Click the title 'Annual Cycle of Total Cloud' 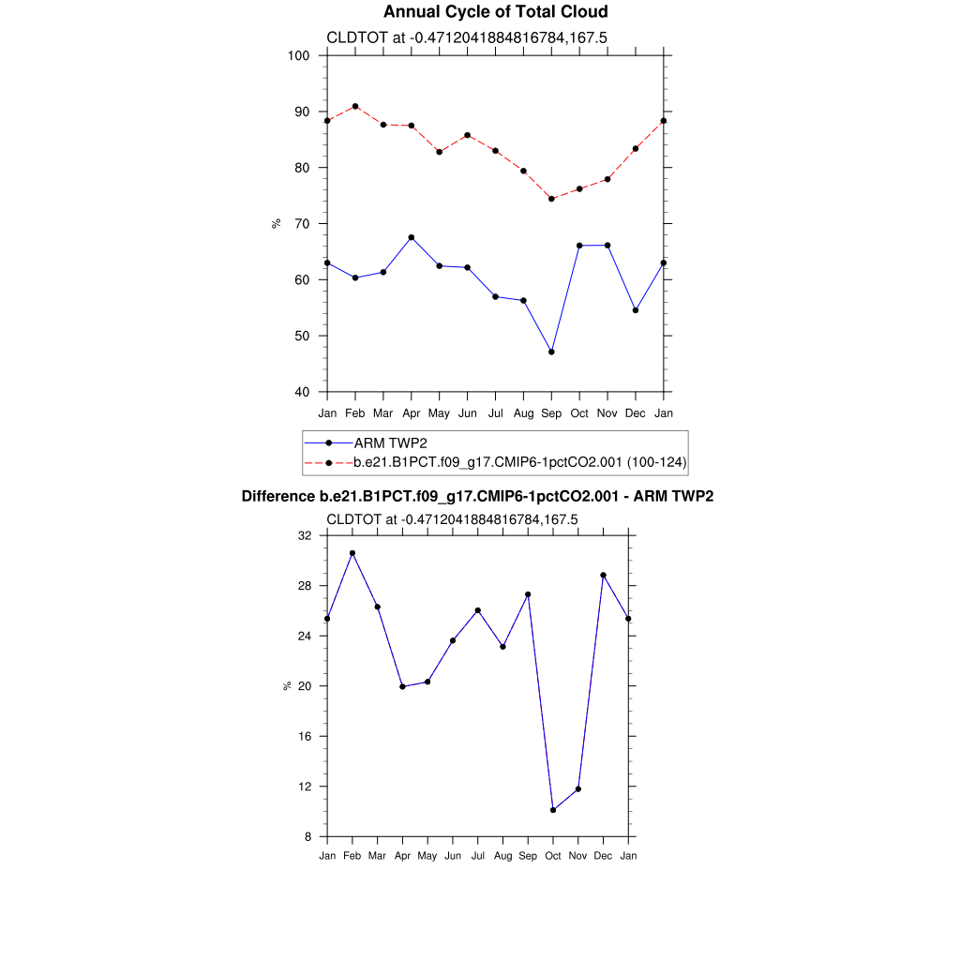pyautogui.click(x=495, y=12)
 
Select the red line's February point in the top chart pyautogui.click(x=355, y=107)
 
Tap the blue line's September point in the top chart pyautogui.click(x=551, y=352)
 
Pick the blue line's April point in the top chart pyautogui.click(x=412, y=237)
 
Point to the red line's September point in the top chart pyautogui.click(x=551, y=199)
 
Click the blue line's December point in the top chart pyautogui.click(x=636, y=310)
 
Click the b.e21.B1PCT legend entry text pyautogui.click(x=519, y=462)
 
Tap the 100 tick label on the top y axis pyautogui.click(x=299, y=55)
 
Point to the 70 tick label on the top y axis pyautogui.click(x=303, y=224)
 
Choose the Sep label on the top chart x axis pyautogui.click(x=551, y=413)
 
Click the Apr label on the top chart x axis pyautogui.click(x=412, y=413)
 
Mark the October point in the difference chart pyautogui.click(x=553, y=810)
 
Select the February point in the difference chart pyautogui.click(x=352, y=553)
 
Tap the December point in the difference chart pyautogui.click(x=604, y=575)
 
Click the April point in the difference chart pyautogui.click(x=402, y=686)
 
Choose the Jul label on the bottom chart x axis pyautogui.click(x=478, y=856)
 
